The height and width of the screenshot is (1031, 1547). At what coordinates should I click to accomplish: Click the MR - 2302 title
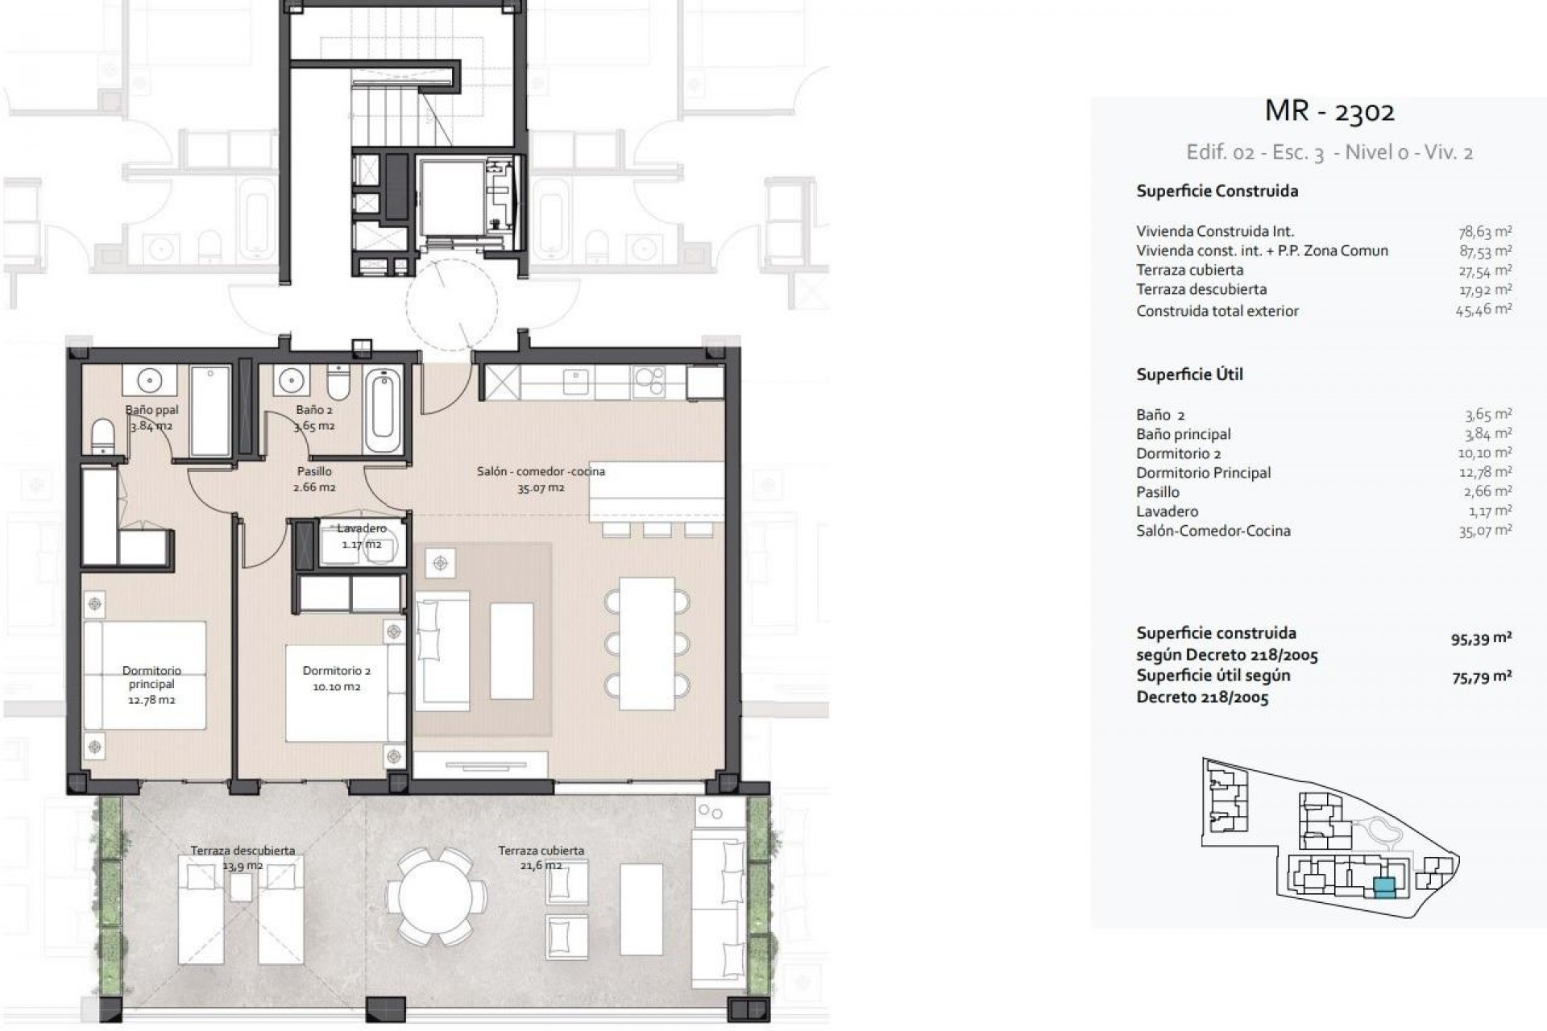click(x=1329, y=111)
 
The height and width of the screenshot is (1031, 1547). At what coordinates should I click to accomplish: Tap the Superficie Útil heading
click(x=1189, y=375)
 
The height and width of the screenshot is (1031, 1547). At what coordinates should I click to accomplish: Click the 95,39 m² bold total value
click(x=1481, y=639)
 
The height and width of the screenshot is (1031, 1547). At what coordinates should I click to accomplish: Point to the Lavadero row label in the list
click(x=1167, y=511)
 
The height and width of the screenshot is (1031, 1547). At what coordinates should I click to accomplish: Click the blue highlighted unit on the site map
click(x=1384, y=888)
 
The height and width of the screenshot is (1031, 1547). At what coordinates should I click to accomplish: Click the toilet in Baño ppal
click(x=103, y=437)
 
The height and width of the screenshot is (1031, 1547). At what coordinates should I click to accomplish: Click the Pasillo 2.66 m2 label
click(x=314, y=479)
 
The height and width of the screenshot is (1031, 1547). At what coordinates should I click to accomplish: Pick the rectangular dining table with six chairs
click(x=646, y=644)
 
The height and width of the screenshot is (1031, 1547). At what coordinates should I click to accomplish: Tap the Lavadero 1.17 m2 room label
click(x=361, y=536)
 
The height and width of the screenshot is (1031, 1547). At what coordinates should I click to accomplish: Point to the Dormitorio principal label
click(x=151, y=685)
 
